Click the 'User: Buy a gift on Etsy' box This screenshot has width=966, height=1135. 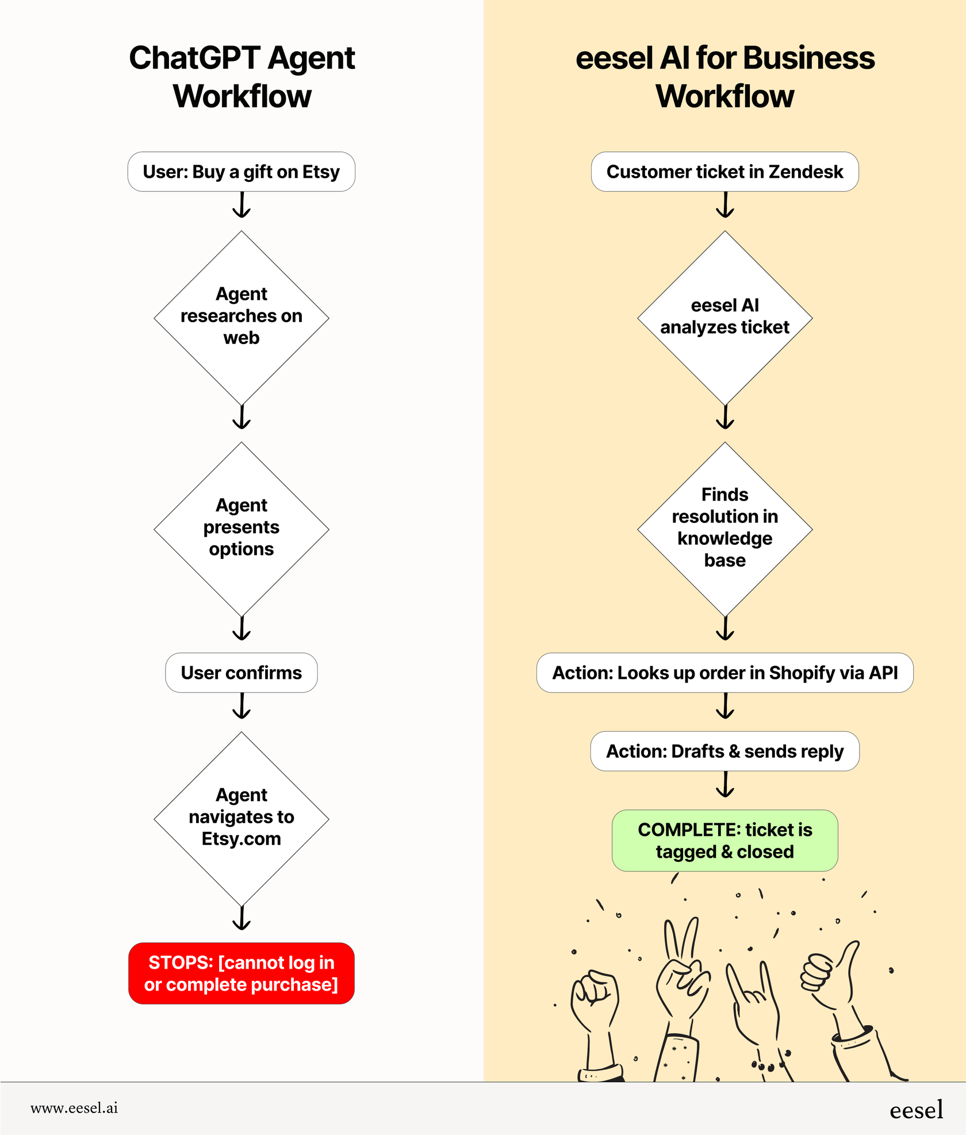(x=241, y=171)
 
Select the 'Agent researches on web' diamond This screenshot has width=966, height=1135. (x=241, y=317)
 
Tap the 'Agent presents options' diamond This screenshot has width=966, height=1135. (x=241, y=528)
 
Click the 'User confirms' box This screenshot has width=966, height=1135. (x=241, y=672)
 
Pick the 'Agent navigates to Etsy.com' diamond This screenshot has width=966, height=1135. (x=241, y=818)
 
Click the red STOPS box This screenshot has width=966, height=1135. (x=241, y=973)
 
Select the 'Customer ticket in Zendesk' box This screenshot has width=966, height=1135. (x=724, y=171)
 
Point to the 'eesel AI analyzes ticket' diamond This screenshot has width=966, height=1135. (x=724, y=317)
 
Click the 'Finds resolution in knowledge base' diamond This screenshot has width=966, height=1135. (x=724, y=528)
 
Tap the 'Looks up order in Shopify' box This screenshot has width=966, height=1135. (x=724, y=672)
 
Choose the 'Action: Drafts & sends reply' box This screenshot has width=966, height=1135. (x=724, y=751)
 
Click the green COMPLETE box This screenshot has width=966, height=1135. (x=724, y=840)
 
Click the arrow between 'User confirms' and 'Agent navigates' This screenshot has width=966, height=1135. (x=241, y=706)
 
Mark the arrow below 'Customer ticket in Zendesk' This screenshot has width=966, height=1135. (x=725, y=205)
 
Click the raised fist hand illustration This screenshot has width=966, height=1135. (x=595, y=1007)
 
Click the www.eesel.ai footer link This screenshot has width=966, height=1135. (x=74, y=1108)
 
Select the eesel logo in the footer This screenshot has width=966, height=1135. (x=916, y=1109)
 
